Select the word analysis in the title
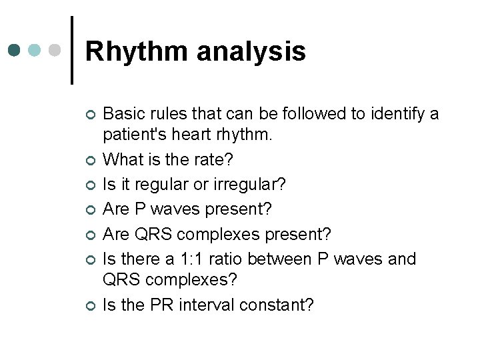pos(255,51)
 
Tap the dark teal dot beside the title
pos(15,50)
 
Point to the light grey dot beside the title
pos(56,50)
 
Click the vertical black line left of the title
pos(72,50)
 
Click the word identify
pos(392,114)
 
